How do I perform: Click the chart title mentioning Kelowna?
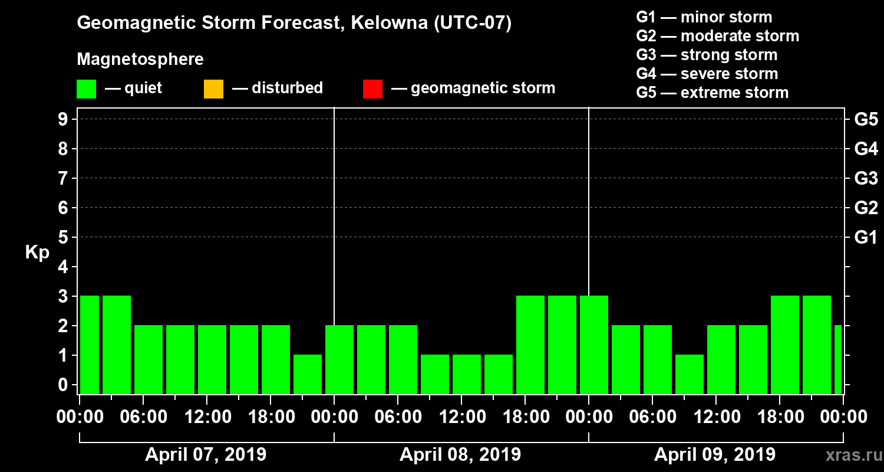coord(294,24)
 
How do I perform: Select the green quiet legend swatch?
coord(86,89)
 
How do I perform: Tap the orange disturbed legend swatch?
coord(213,89)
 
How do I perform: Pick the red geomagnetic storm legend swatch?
coord(372,89)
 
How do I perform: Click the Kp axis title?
coord(37,253)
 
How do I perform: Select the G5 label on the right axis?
coord(866,120)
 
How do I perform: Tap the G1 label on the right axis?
coord(866,238)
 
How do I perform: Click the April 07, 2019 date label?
coord(206,455)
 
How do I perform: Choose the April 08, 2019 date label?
coord(460,455)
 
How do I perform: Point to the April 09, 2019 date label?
coord(715,455)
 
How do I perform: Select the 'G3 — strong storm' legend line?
coord(707,55)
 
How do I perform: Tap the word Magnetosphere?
coord(140,60)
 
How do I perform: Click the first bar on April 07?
coord(90,345)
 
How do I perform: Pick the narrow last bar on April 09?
coord(838,359)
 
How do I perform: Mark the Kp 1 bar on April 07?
coord(308,374)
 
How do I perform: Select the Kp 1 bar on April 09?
coord(690,374)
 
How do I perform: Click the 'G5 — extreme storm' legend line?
coord(712,93)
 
